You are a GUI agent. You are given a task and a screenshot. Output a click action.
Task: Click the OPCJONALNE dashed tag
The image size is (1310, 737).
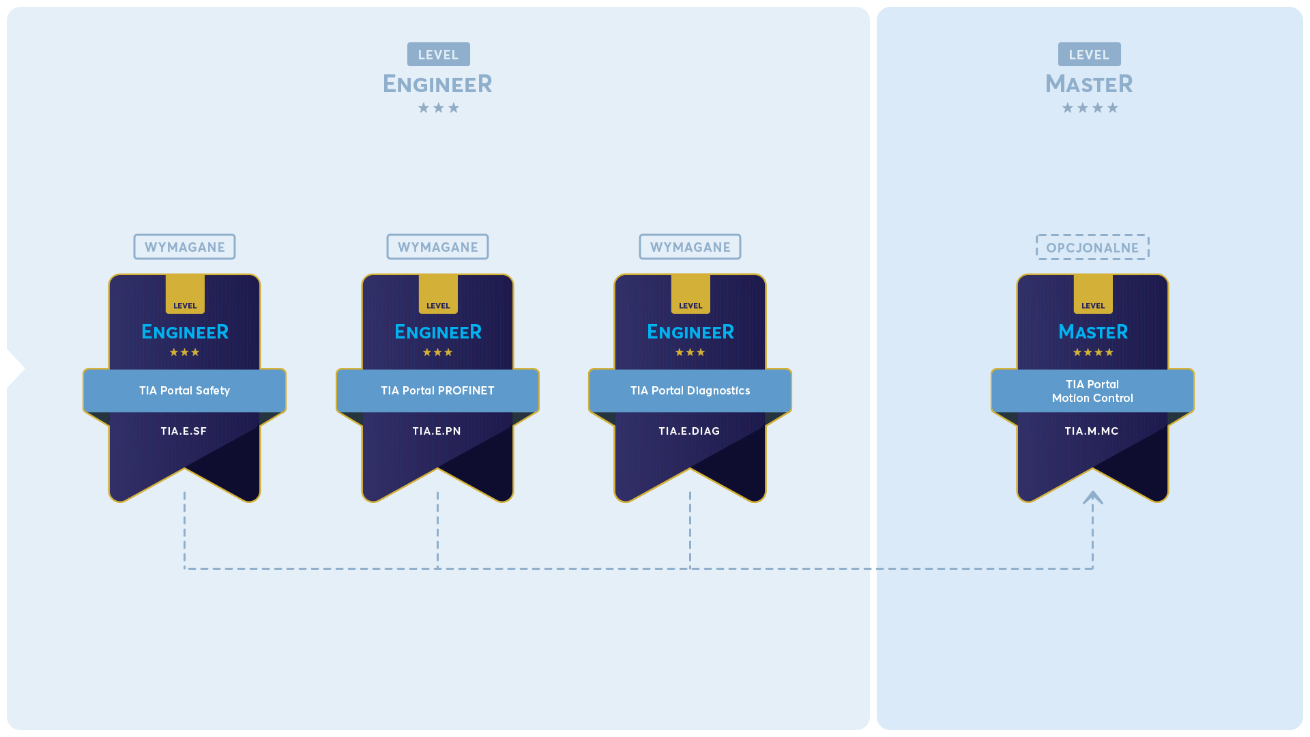pos(1092,247)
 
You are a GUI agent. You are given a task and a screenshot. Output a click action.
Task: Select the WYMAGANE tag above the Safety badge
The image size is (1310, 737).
pos(184,247)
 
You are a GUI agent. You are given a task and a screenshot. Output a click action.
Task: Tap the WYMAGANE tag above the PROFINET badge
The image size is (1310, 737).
pos(437,247)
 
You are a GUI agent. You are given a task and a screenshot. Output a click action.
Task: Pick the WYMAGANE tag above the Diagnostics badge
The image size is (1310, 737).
pos(690,247)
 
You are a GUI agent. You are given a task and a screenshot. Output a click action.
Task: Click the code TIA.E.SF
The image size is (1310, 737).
pos(184,431)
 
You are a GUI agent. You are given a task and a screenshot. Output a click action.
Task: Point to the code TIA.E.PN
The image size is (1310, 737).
pos(437,431)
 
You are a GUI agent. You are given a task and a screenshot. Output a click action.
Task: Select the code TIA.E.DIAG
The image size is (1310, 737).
pos(689,431)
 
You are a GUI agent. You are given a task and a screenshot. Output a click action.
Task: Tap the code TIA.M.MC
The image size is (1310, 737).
pos(1092,431)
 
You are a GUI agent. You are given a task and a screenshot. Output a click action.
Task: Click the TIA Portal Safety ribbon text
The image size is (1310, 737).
pos(184,390)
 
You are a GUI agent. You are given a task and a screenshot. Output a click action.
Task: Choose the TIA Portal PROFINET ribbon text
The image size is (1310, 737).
pos(437,390)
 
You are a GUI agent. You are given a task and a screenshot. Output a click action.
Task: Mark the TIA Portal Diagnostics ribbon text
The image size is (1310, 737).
pos(690,390)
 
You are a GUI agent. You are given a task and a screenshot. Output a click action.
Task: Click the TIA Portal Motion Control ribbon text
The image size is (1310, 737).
pos(1092,391)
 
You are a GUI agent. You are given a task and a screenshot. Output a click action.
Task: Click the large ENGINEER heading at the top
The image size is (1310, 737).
pos(437,84)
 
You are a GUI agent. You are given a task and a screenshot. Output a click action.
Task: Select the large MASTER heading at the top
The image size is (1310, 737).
pos(1089,84)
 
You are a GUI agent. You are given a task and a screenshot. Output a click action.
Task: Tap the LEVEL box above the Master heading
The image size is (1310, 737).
pos(1089,55)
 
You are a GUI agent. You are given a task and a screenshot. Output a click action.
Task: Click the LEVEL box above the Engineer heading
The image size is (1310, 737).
pos(438,55)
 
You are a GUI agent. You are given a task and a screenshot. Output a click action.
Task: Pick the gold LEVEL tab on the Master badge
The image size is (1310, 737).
pos(1093,294)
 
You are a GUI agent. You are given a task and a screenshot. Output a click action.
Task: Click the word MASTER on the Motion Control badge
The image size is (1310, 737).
pos(1093,332)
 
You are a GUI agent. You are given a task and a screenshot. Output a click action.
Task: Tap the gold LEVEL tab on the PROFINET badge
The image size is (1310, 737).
pos(438,294)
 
